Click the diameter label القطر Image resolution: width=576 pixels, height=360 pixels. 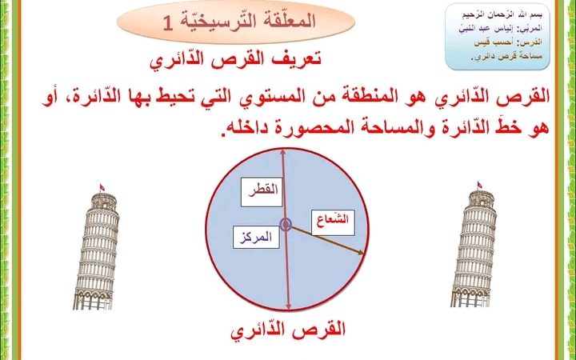[262, 192]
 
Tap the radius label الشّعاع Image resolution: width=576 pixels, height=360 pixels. [333, 222]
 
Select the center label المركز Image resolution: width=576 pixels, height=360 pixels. [256, 238]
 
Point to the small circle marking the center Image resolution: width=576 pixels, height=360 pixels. [286, 225]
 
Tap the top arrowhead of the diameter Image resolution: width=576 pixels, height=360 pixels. [282, 152]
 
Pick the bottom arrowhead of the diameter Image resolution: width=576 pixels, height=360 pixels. [289, 306]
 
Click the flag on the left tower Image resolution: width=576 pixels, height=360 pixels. [102, 187]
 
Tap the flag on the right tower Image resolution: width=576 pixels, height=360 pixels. [479, 185]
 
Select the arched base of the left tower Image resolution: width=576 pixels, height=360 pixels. [93, 300]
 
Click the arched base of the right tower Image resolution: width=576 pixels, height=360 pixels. [470, 298]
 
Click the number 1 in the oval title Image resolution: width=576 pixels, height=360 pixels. [168, 23]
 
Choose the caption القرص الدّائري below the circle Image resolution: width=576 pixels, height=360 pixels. [288, 330]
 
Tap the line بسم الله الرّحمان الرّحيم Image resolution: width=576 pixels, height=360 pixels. [502, 15]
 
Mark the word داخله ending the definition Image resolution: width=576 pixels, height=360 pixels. [241, 128]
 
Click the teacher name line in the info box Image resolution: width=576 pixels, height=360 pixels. [500, 29]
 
